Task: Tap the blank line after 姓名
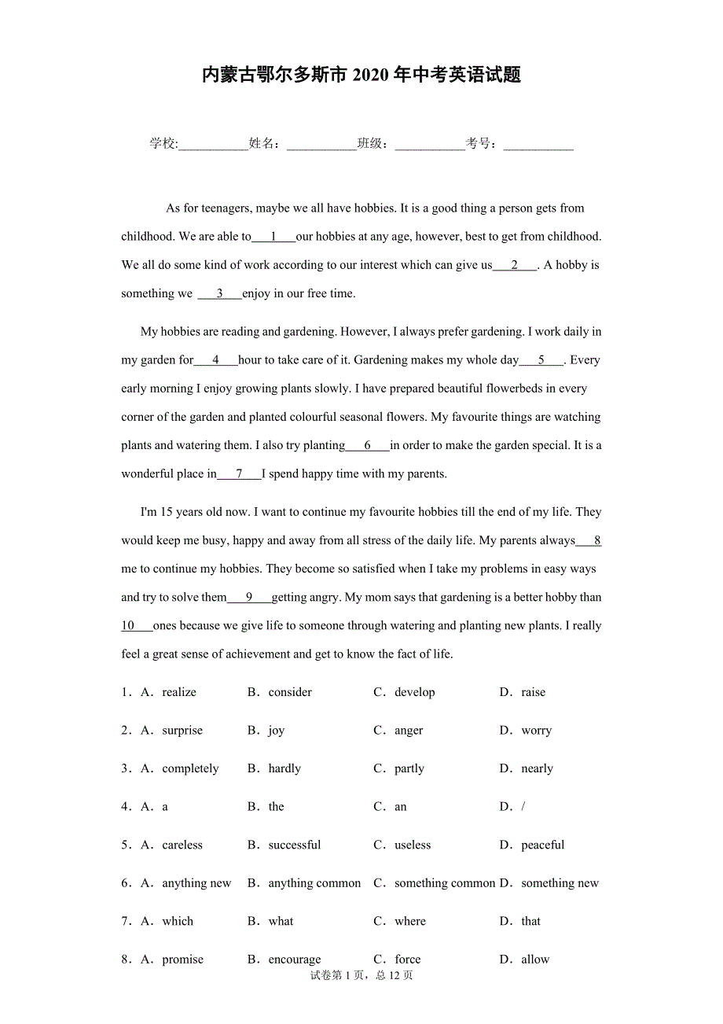tap(321, 145)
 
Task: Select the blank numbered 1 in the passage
tap(273, 237)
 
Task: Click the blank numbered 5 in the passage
tap(541, 360)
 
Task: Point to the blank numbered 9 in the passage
tap(249, 598)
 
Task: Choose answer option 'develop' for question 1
tap(414, 692)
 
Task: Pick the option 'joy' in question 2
tap(277, 731)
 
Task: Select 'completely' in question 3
tap(190, 768)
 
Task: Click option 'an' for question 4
tap(401, 807)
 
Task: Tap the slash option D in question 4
tap(523, 807)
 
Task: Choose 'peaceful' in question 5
tap(542, 845)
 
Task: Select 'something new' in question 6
tap(560, 883)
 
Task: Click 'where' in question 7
tap(410, 922)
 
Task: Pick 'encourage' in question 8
tap(295, 960)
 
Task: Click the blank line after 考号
tap(538, 145)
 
